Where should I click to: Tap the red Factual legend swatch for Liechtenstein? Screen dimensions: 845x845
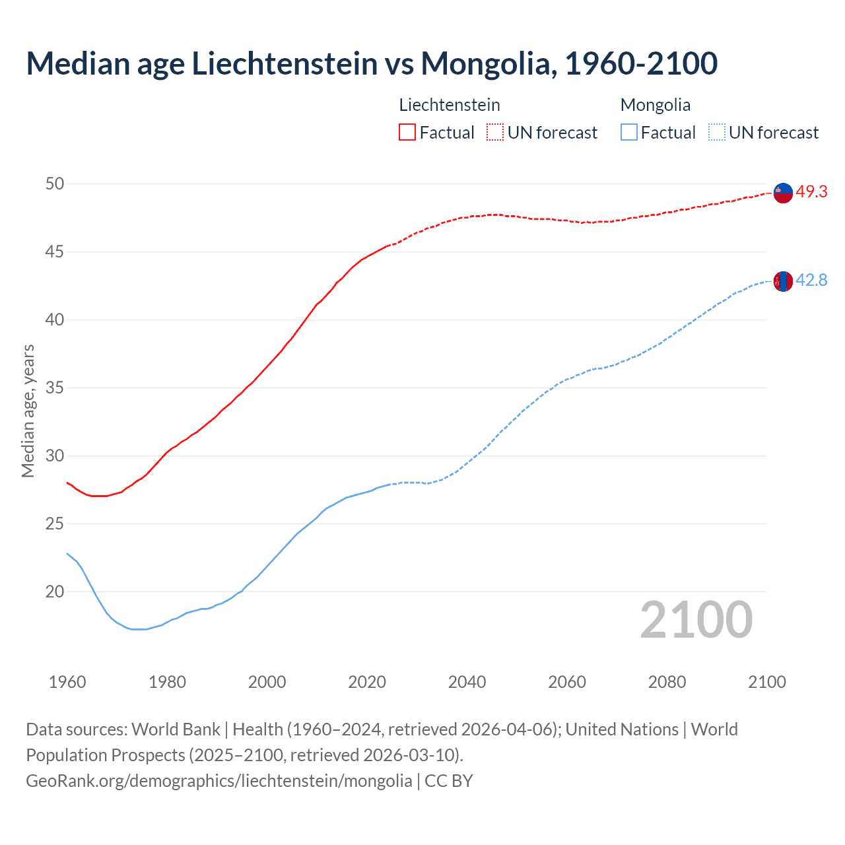click(x=407, y=133)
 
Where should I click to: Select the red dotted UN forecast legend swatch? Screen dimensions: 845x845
click(x=495, y=133)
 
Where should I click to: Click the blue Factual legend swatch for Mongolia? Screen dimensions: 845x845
click(x=628, y=133)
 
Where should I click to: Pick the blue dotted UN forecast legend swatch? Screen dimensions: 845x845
click(x=716, y=133)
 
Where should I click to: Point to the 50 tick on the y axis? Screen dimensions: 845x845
click(x=55, y=184)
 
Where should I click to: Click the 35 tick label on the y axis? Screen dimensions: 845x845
click(x=55, y=388)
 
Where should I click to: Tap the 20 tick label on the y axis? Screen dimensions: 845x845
click(x=55, y=591)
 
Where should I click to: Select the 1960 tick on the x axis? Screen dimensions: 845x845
click(x=67, y=682)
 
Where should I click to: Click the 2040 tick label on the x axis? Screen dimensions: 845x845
click(x=467, y=682)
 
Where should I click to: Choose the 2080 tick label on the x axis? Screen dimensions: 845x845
click(x=667, y=682)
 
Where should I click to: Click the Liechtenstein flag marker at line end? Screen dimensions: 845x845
click(x=782, y=193)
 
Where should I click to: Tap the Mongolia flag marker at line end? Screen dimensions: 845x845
click(x=782, y=281)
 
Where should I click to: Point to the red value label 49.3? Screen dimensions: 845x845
click(x=811, y=192)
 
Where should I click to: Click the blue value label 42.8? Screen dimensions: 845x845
click(x=811, y=281)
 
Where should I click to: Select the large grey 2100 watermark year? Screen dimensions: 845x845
click(x=696, y=619)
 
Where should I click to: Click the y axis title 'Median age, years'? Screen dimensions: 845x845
click(x=28, y=411)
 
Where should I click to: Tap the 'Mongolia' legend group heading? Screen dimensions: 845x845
click(x=655, y=105)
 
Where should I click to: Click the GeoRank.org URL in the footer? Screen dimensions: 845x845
click(x=219, y=781)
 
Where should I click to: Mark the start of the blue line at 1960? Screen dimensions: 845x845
click(x=68, y=554)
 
